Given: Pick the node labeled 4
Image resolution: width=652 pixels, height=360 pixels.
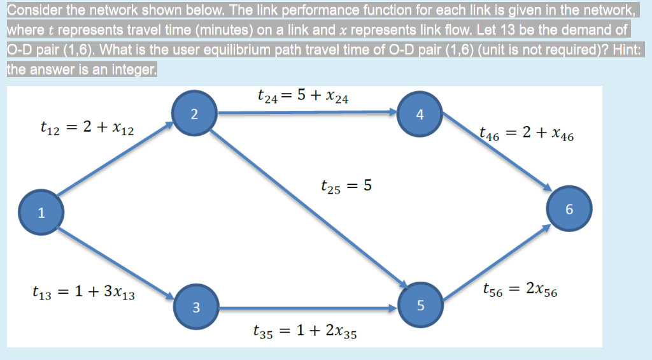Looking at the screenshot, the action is tap(418, 115).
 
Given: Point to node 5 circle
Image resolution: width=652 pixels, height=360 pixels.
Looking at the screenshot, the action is tap(420, 305).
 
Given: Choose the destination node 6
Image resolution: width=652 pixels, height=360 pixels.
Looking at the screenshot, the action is tap(569, 208).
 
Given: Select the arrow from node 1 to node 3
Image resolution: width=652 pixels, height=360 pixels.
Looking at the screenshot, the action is tap(118, 262).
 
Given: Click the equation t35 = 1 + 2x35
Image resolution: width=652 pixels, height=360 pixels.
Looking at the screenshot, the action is tap(304, 331).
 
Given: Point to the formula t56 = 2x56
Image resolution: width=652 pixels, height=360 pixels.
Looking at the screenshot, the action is tap(520, 290).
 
